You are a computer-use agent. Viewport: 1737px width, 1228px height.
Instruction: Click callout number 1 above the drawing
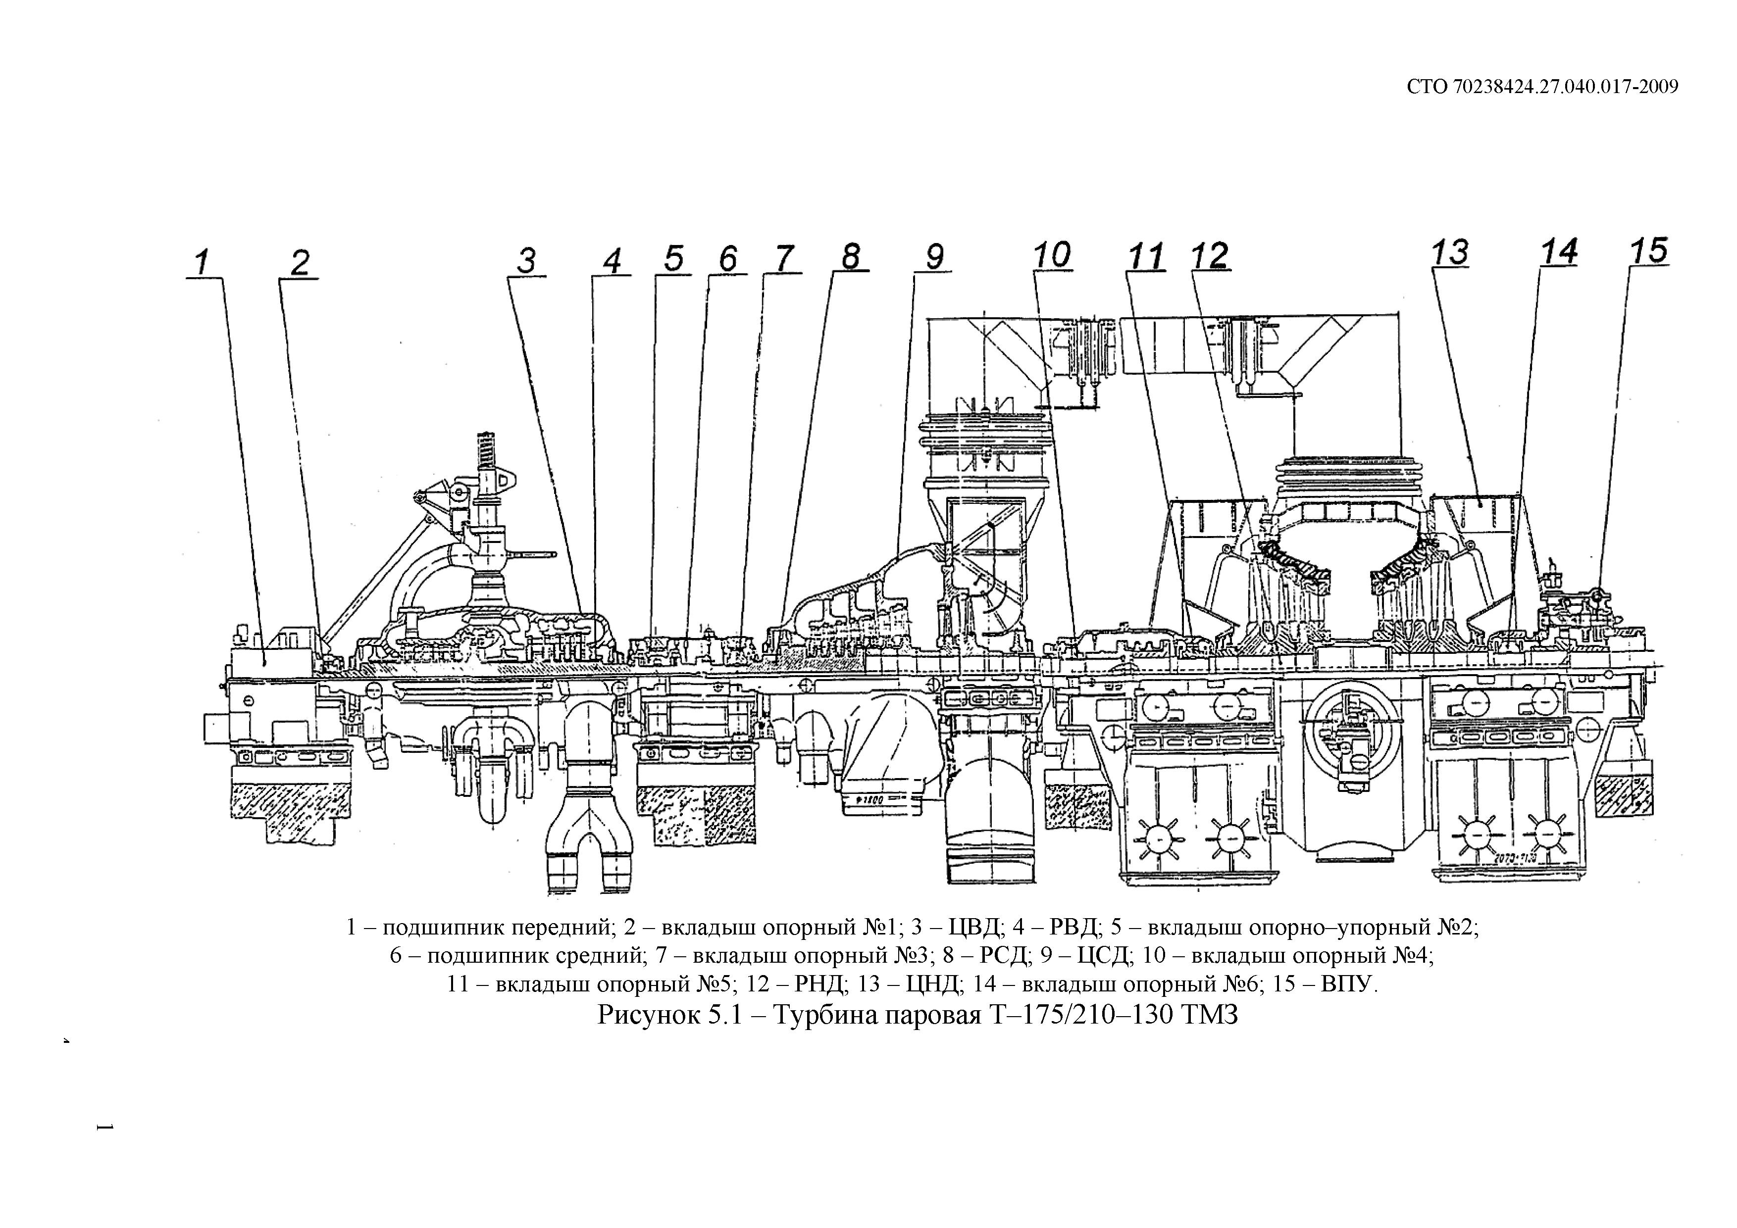coord(201,263)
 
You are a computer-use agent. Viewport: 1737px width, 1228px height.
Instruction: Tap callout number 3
coord(526,261)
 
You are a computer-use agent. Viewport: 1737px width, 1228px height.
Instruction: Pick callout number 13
coord(1449,252)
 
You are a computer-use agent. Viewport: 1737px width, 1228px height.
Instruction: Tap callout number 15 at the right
coord(1648,250)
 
